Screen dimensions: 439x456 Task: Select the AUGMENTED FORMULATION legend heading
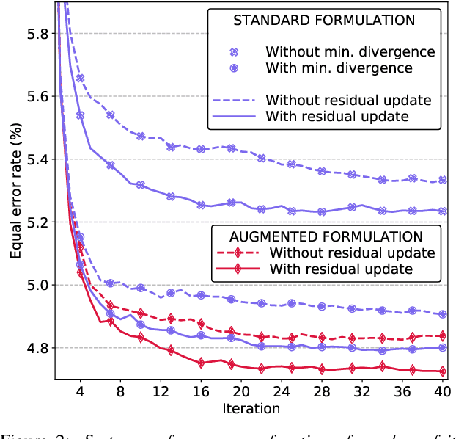[x=327, y=236]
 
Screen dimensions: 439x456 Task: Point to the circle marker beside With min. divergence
[x=234, y=68]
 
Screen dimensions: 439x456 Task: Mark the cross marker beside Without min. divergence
[x=234, y=52]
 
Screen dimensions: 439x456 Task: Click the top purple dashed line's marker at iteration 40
[x=441, y=180]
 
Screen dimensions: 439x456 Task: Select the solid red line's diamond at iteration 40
[x=441, y=371]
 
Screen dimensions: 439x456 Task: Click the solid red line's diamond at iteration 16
[x=200, y=362]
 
